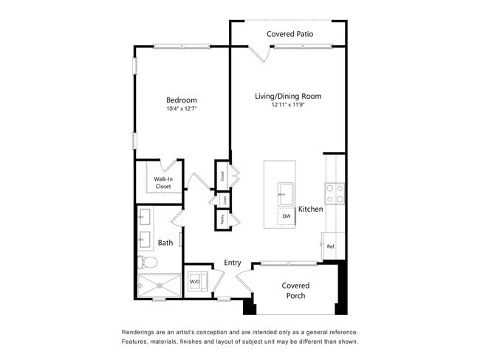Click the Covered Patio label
click(289, 34)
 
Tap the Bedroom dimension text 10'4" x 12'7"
click(181, 109)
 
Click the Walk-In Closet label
click(162, 182)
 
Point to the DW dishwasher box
click(287, 216)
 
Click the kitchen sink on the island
click(287, 194)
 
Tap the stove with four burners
click(335, 193)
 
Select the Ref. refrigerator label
click(332, 246)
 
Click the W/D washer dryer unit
click(196, 281)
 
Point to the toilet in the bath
click(146, 262)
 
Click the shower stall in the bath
click(160, 285)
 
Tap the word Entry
click(233, 263)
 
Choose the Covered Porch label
click(295, 291)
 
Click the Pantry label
click(222, 218)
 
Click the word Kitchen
click(311, 210)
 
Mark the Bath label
click(165, 242)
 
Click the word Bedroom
click(181, 100)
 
